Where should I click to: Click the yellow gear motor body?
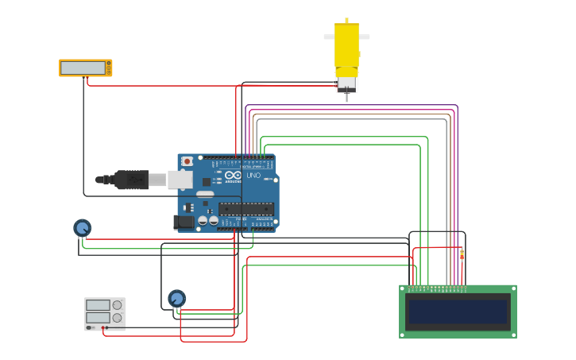pos(346,49)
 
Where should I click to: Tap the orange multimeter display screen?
pos(83,68)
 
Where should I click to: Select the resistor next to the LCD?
pos(462,254)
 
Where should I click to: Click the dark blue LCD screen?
pos(458,312)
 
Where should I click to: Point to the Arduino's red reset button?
pos(187,161)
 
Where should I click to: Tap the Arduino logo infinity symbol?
pos(233,175)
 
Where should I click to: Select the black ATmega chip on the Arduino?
pos(246,209)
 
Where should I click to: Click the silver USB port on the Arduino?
pos(180,180)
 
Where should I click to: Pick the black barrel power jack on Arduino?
pos(184,223)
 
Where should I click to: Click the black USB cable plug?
pos(131,180)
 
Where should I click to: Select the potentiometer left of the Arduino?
pos(82,228)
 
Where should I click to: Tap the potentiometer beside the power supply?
pos(176,298)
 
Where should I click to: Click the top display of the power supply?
pos(98,304)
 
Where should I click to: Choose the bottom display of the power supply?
pos(98,317)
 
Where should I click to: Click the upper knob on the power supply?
pos(118,304)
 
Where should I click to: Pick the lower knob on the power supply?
pos(118,317)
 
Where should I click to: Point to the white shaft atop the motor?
pos(346,36)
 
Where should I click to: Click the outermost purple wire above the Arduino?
pos(350,105)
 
